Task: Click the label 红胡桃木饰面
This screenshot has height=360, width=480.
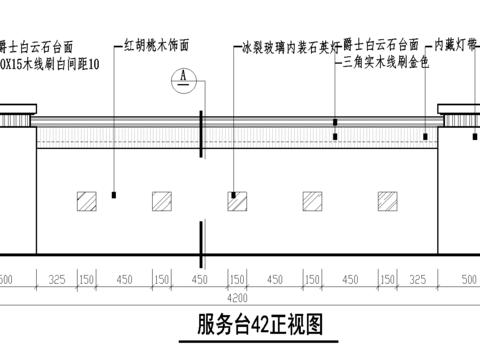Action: pyautogui.click(x=158, y=46)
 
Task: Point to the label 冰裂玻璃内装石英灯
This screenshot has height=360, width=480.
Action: pyautogui.click(x=289, y=46)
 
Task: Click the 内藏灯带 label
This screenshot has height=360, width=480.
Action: pyautogui.click(x=458, y=46)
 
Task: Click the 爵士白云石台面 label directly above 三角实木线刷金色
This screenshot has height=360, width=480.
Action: pyautogui.click(x=380, y=46)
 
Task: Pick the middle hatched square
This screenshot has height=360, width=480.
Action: pyautogui.click(x=237, y=200)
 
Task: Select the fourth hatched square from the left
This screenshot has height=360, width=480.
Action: pyautogui.click(x=312, y=200)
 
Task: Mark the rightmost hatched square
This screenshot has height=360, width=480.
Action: pyautogui.click(x=387, y=200)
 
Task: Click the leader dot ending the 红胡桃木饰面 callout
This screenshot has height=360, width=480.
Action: pyautogui.click(x=116, y=194)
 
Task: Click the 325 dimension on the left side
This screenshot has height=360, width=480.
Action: pyautogui.click(x=56, y=279)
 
